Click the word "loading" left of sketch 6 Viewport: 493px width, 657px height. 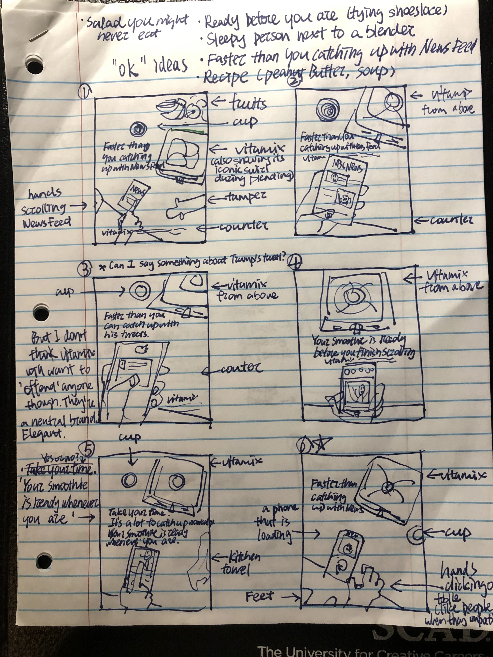pos(274,535)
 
